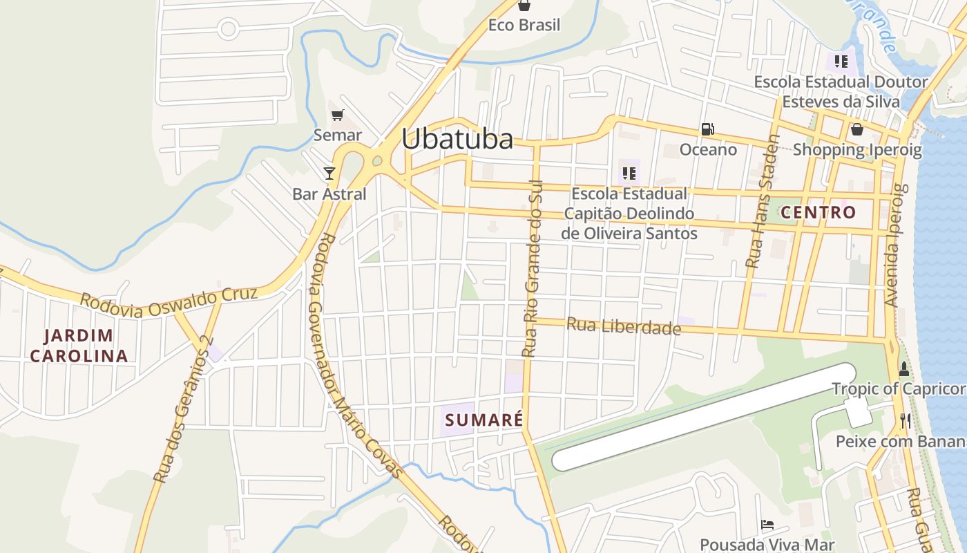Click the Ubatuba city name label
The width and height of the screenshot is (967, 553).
pos(457,139)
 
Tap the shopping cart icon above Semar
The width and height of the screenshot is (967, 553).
pos(337,115)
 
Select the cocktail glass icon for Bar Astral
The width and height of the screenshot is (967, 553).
pos(329,173)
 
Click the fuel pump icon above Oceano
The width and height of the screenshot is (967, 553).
pos(707,129)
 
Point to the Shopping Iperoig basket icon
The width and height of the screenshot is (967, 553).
pos(857,129)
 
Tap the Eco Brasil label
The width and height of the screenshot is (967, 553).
pos(524,25)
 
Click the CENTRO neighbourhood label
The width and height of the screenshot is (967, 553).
pos(818,212)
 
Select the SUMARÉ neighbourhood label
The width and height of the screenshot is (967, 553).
pos(483,420)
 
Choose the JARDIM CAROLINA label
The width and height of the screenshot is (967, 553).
pos(79,346)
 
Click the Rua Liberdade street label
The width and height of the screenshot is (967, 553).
pos(624,326)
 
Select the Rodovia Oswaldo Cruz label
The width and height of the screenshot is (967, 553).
pos(169,302)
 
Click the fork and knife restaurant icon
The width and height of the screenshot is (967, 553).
pos(905,420)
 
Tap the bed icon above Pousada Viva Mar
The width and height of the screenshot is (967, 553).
pos(767,525)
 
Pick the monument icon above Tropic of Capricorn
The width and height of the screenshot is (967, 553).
pos(903,369)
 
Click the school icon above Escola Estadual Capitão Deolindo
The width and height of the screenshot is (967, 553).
pos(629,173)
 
